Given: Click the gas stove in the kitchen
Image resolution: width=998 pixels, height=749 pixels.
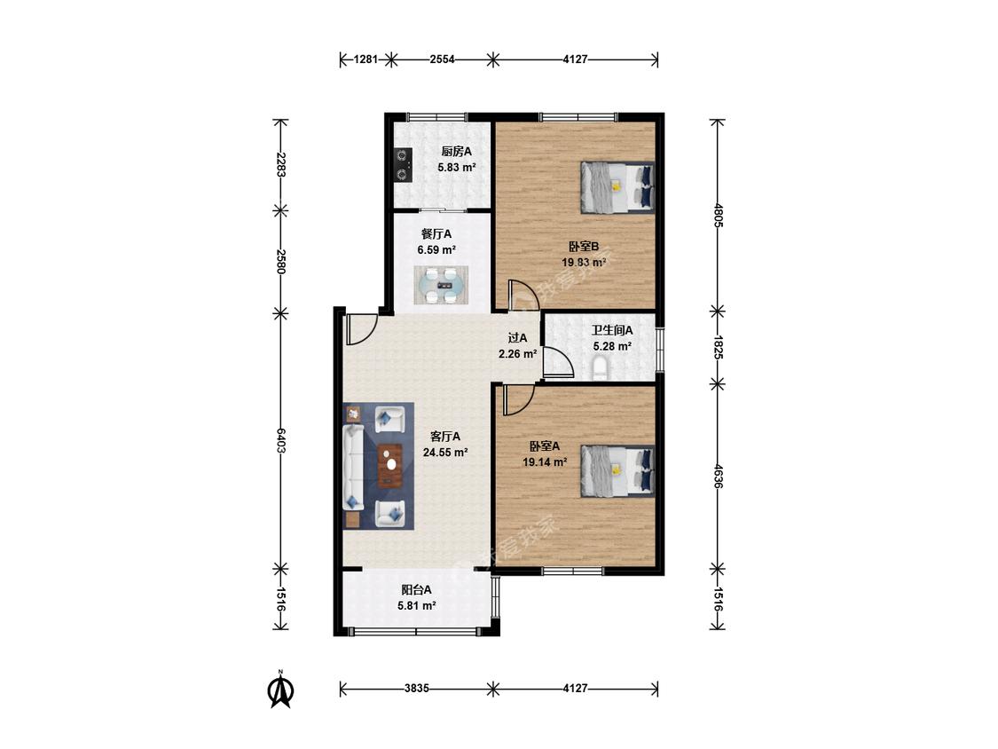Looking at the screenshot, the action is pos(402,166).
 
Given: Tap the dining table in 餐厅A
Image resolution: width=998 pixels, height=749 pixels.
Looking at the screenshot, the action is pos(441,286).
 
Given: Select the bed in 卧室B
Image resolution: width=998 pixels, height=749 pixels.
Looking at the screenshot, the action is pos(617,187).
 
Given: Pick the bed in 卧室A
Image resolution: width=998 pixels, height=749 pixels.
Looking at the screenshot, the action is pos(617,470).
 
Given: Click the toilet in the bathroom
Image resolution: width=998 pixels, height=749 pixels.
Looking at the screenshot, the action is pos(599,369).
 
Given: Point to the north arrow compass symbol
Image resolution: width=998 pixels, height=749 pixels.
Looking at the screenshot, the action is pos(280,689).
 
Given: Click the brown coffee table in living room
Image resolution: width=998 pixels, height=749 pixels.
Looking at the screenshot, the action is pos(390,466).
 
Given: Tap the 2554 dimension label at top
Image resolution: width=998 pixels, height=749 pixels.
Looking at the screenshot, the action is pos(443,59).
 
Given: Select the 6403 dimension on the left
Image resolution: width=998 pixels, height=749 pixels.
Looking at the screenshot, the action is pos(280,440).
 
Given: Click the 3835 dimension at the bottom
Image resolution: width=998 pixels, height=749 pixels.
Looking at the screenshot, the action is pos(417,689).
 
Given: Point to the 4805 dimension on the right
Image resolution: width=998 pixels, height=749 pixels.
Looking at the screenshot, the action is pos(718,216).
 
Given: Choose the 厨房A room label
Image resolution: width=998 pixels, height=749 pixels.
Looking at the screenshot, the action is pos(456,152).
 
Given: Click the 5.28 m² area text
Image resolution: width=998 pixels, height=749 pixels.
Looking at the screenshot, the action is pos(612,346).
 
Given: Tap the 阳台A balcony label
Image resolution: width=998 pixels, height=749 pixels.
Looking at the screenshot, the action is pos(416,590).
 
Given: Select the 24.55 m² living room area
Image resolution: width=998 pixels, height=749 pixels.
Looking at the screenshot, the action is pos(445,453).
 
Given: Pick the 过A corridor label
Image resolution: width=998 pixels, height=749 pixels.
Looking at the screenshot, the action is pos(517,337).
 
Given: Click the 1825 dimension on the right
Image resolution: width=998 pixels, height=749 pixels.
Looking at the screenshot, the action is pos(718,348).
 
